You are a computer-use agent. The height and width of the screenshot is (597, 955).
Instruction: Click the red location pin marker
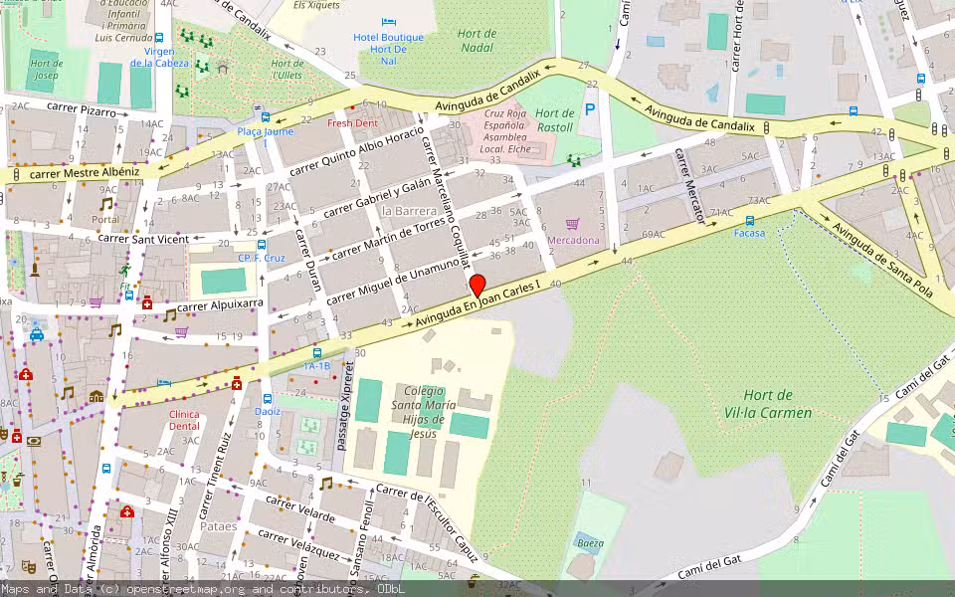point(477,285)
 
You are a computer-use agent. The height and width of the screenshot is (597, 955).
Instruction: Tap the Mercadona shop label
point(573,240)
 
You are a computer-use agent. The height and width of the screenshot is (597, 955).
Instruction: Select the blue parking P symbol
point(591,108)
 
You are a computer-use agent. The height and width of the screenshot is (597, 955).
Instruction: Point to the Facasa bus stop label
point(749,233)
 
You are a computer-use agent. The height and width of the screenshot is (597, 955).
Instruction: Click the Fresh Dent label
point(352,122)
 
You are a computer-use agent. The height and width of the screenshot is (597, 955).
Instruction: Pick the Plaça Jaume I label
point(265,136)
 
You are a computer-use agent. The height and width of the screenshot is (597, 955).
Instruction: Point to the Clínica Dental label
point(184,420)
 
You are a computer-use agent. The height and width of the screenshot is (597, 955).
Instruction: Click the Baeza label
point(590,543)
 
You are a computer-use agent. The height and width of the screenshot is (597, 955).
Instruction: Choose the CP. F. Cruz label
point(262,258)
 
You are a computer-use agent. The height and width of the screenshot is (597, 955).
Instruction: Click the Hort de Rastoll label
point(554,119)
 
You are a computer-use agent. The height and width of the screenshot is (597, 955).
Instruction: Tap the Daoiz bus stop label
point(268,411)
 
